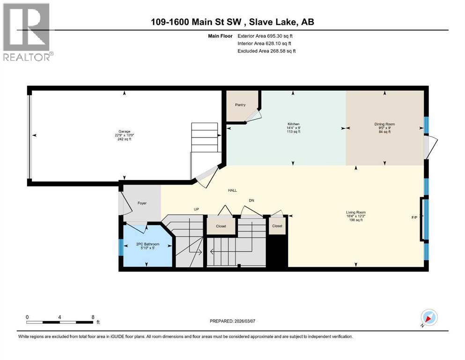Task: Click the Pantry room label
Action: [240, 105]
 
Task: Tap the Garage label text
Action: [124, 132]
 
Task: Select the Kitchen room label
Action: [293, 124]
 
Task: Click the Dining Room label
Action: [385, 124]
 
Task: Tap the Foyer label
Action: [142, 203]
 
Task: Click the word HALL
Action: [232, 191]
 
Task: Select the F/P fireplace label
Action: [414, 217]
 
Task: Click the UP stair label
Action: [197, 209]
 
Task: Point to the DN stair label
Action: [251, 201]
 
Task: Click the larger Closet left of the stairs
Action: [221, 226]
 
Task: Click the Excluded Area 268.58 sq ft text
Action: [267, 51]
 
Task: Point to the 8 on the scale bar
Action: [93, 317]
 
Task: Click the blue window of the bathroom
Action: [120, 247]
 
